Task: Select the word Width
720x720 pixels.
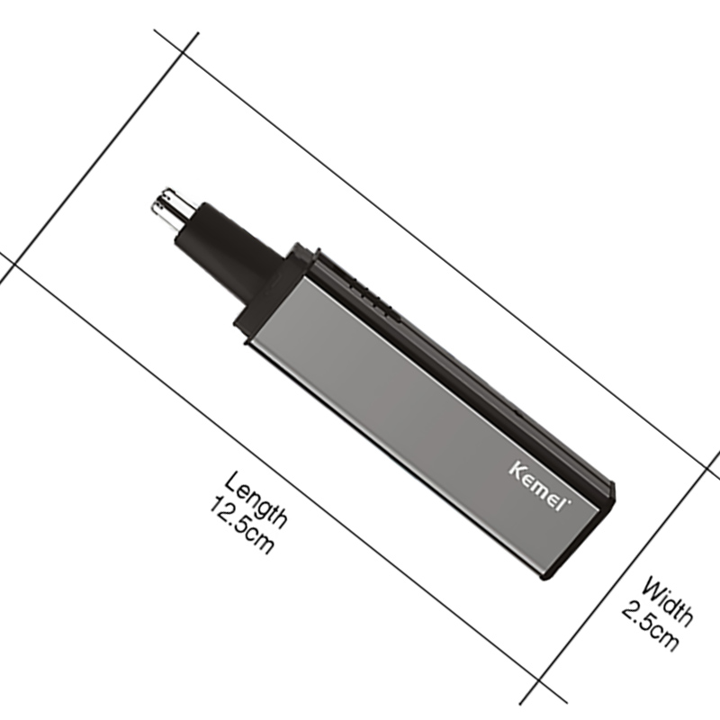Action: [x=668, y=602]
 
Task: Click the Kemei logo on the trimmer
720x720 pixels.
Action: [x=540, y=486]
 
